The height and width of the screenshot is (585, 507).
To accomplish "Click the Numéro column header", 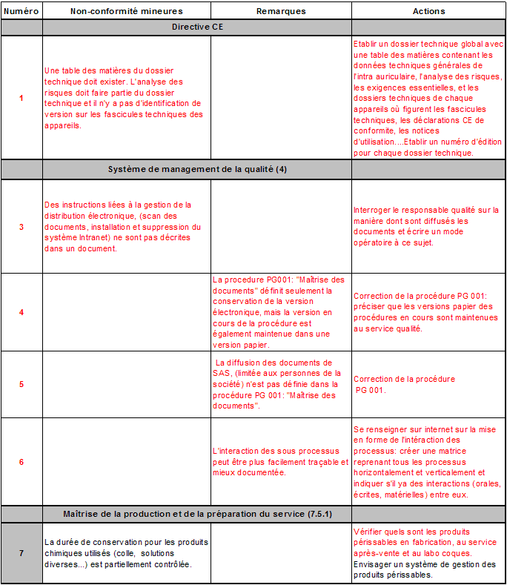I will [x=21, y=11].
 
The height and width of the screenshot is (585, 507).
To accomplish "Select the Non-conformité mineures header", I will [x=126, y=11].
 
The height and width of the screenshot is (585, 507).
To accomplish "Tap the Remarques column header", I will [x=281, y=11].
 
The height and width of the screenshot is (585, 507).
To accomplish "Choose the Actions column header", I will [x=428, y=11].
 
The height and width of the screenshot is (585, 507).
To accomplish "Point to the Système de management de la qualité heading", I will [x=197, y=170].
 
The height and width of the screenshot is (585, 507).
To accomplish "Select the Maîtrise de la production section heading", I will [x=197, y=514].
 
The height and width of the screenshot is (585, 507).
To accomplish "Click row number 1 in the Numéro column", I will [x=21, y=98].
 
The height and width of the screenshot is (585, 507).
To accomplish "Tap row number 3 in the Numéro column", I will [x=21, y=227].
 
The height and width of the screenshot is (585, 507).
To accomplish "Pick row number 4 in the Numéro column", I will [x=21, y=312].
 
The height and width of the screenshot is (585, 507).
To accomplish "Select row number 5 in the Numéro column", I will [x=21, y=384].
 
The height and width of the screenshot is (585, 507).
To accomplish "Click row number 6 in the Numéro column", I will [x=21, y=462].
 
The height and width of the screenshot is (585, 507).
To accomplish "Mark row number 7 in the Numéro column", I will [x=21, y=553].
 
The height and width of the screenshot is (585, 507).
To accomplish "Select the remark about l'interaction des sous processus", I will [x=280, y=462].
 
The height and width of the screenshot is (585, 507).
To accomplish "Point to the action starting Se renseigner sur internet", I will [x=427, y=462].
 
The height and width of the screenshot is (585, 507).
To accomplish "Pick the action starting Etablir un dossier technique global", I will [x=428, y=98].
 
